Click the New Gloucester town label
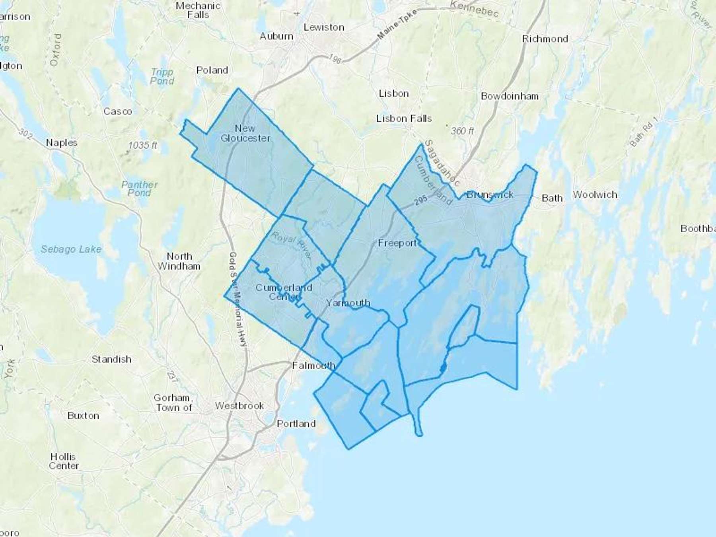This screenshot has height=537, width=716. pyautogui.click(x=245, y=133)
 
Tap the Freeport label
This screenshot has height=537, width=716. pyautogui.click(x=397, y=243)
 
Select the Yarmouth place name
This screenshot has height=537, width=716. pyautogui.click(x=348, y=303)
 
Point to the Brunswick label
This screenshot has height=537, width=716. pyautogui.click(x=490, y=195)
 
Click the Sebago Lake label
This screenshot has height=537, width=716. pyautogui.click(x=71, y=249)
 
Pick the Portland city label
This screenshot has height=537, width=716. pyautogui.click(x=296, y=424)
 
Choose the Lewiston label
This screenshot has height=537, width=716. pyautogui.click(x=324, y=27)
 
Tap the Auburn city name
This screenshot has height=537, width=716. pyautogui.click(x=276, y=36)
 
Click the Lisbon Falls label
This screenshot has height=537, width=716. pyautogui.click(x=404, y=119)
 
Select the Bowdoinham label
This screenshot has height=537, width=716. pyautogui.click(x=510, y=96)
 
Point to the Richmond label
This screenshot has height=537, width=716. pyautogui.click(x=545, y=39)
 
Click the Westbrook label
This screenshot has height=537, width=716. pyautogui.click(x=239, y=406)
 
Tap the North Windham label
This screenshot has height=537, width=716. pyautogui.click(x=179, y=261)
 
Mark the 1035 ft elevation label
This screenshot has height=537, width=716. pyautogui.click(x=142, y=146)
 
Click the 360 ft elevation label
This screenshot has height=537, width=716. pyautogui.click(x=462, y=130)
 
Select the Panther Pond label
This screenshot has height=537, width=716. pyautogui.click(x=139, y=189)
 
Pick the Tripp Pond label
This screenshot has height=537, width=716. pyautogui.click(x=162, y=77)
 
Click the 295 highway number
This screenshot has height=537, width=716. pyautogui.click(x=420, y=200)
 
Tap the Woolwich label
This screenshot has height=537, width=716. pyautogui.click(x=595, y=195)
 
